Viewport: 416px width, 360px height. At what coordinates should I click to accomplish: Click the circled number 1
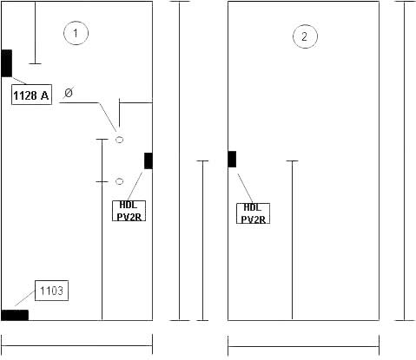[76, 33]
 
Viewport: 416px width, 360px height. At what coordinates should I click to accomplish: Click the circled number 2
[305, 36]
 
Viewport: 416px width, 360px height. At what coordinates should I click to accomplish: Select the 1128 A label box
[31, 95]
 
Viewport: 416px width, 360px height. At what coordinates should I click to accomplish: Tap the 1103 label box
[51, 291]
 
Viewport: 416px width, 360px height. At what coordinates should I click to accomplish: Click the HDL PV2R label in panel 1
[129, 211]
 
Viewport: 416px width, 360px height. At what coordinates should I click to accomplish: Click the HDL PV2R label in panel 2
[254, 213]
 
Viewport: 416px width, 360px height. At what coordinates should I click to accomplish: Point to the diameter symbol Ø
[69, 93]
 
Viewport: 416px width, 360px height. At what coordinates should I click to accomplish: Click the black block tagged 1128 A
[7, 63]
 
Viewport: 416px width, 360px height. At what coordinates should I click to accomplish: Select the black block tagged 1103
[15, 315]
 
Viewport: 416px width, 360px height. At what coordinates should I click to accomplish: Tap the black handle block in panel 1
[149, 160]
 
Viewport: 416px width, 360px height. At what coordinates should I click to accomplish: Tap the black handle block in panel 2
[232, 159]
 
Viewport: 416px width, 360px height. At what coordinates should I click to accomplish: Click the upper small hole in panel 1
[119, 140]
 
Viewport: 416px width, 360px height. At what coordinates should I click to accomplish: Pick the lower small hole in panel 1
[119, 181]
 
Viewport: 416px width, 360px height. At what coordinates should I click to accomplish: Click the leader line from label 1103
[25, 298]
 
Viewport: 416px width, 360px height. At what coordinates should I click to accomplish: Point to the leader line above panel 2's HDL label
[245, 188]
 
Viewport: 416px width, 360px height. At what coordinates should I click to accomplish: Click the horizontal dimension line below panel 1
[77, 345]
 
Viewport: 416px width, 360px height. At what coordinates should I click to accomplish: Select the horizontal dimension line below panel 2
[303, 346]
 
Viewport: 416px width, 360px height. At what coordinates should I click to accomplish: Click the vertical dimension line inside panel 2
[292, 240]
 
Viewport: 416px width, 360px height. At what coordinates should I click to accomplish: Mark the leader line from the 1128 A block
[19, 81]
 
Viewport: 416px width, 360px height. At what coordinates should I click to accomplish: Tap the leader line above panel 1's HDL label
[135, 187]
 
